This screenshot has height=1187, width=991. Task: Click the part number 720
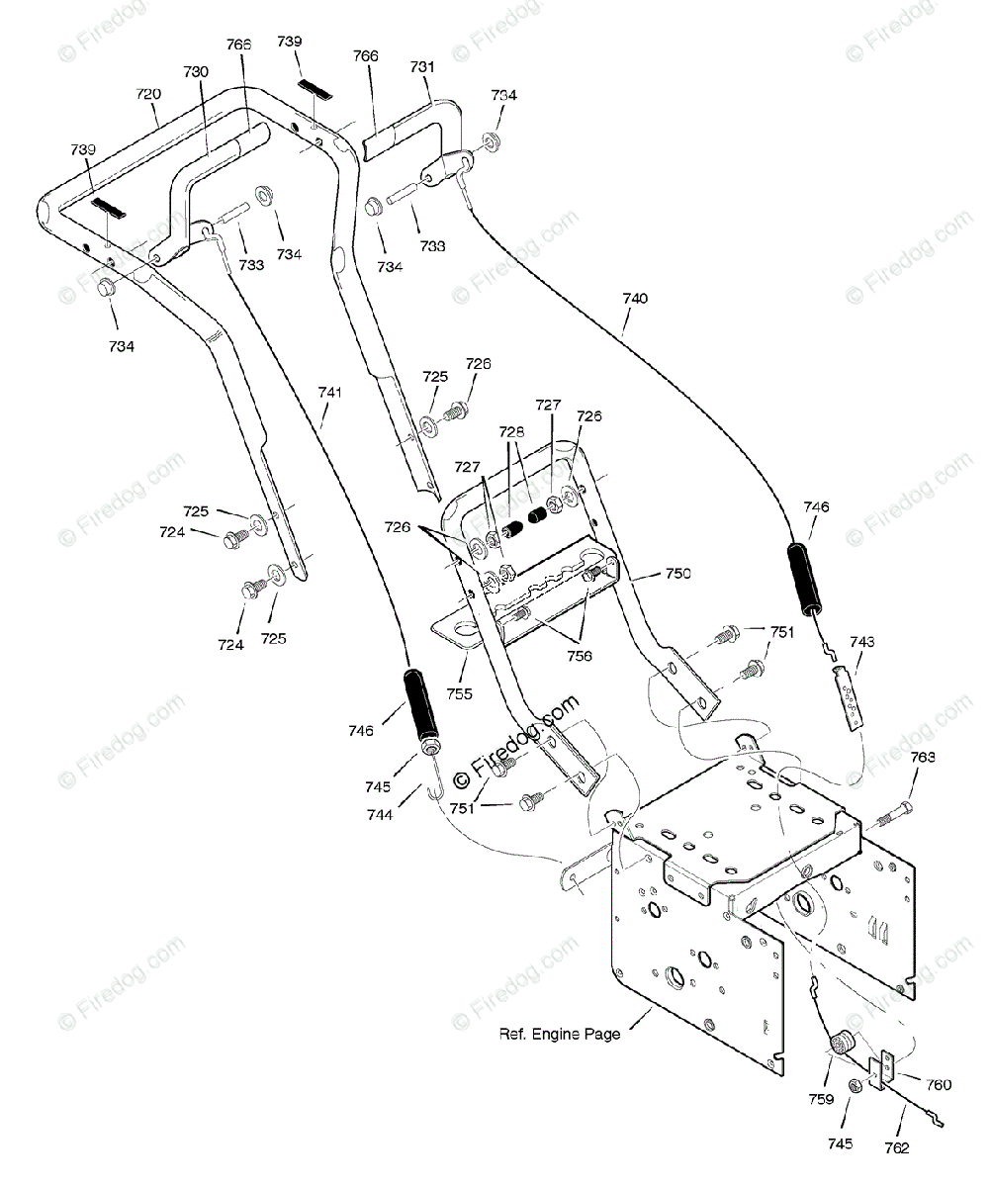tap(148, 94)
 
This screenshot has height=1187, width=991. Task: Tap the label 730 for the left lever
tap(196, 72)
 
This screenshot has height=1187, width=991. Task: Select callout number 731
tap(422, 67)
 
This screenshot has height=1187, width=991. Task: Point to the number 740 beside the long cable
tap(635, 299)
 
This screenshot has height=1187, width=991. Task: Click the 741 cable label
tap(329, 393)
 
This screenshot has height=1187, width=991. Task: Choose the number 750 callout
tap(677, 573)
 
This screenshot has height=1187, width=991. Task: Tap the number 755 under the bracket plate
tap(459, 693)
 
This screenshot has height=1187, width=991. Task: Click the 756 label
tap(580, 656)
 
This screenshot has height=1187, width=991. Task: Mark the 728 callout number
tap(511, 432)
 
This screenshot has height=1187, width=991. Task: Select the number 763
tap(922, 758)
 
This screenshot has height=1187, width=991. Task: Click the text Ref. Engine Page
tap(560, 1034)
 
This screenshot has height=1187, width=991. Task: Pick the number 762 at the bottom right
tap(897, 1148)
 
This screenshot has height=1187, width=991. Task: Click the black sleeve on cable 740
tap(804, 581)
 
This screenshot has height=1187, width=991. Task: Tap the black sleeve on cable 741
tap(420, 705)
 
